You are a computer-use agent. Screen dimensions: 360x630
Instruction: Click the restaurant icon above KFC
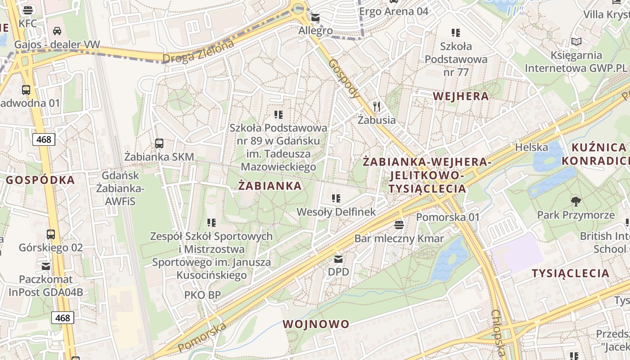[x=28, y=10]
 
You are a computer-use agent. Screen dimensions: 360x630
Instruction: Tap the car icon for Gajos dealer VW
[x=57, y=31]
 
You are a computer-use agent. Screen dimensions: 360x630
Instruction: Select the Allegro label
[x=315, y=31]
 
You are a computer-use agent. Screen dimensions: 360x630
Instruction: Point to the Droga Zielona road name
[x=198, y=52]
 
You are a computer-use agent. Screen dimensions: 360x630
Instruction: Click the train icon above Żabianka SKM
[x=159, y=144]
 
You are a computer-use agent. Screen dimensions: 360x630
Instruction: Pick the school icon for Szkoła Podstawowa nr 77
[x=456, y=32]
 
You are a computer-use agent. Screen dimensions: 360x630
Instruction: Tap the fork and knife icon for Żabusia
[x=377, y=107]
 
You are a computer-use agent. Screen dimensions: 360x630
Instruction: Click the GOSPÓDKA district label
[x=40, y=180]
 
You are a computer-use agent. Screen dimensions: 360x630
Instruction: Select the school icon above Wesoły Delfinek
[x=336, y=198]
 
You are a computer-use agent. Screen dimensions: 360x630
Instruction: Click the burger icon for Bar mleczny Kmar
[x=399, y=225]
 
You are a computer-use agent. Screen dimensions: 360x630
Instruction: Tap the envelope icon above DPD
[x=338, y=259]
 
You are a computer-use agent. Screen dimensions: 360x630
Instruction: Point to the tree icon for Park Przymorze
[x=576, y=201]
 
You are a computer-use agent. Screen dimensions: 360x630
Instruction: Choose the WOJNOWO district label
[x=316, y=324]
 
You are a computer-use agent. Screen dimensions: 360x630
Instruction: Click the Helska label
[x=531, y=147]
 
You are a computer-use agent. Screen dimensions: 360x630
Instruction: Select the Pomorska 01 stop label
[x=448, y=217]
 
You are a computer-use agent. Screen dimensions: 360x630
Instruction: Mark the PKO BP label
[x=202, y=295]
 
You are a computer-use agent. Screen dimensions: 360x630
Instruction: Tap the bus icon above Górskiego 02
[x=51, y=234]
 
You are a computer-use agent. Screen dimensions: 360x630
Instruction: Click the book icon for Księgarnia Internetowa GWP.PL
[x=576, y=42]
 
